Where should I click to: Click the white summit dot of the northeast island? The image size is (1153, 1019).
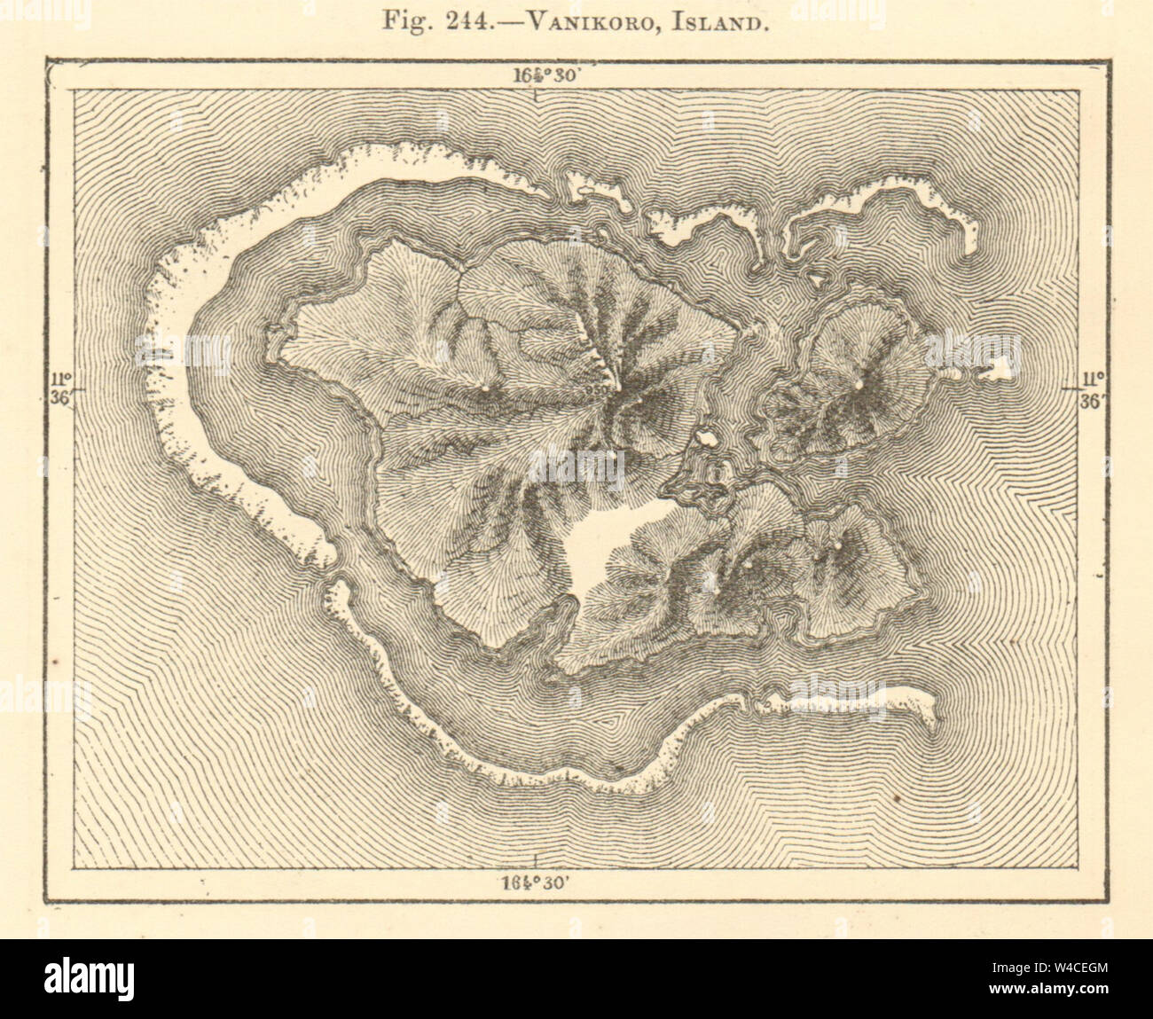pos(859,387)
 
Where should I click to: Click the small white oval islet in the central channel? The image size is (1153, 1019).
pos(707,438)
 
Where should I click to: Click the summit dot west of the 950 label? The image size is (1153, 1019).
pos(486,388)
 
